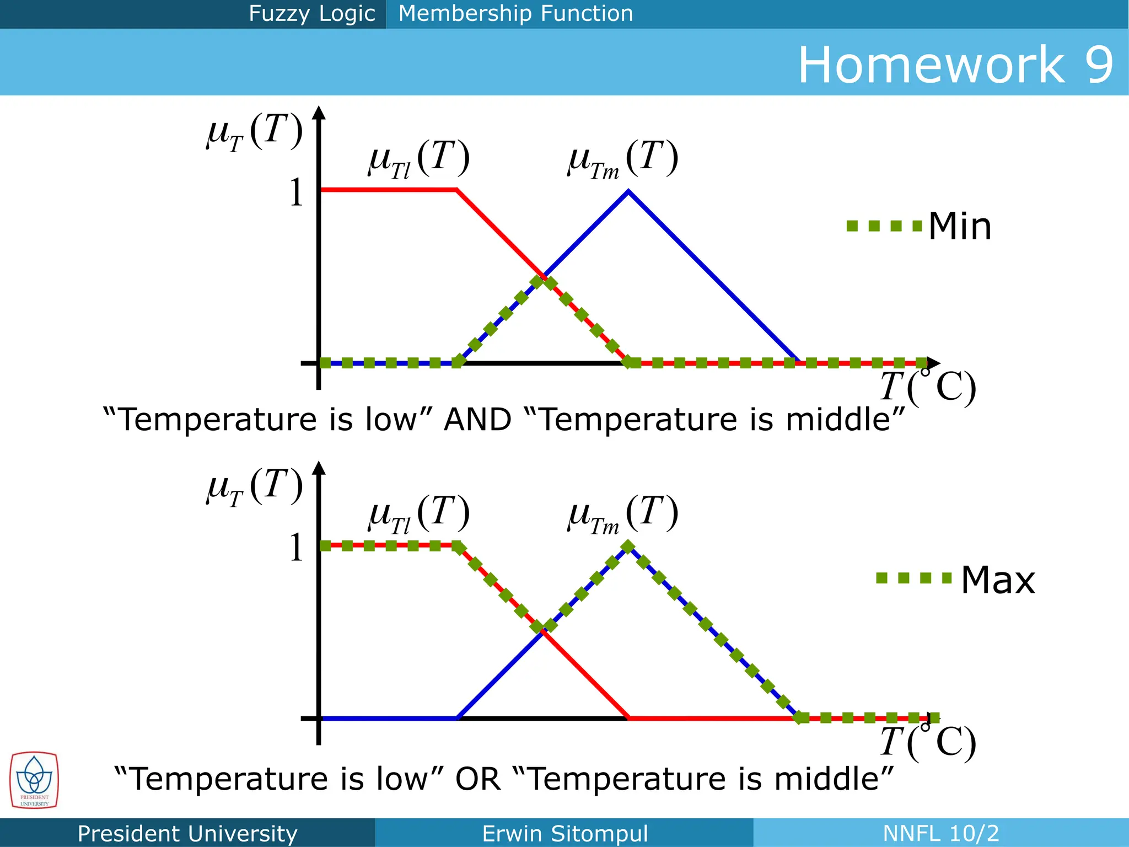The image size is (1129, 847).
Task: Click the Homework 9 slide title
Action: pyautogui.click(x=955, y=65)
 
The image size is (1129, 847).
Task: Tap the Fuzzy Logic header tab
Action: pyautogui.click(x=311, y=13)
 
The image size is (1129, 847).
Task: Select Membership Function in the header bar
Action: pyautogui.click(x=515, y=13)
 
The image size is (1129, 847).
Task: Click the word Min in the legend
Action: pyautogui.click(x=960, y=226)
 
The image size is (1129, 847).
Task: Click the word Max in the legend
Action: pyautogui.click(x=998, y=580)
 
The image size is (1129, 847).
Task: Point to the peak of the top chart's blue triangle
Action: pyautogui.click(x=628, y=192)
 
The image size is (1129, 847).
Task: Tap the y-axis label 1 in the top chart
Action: pyautogui.click(x=296, y=193)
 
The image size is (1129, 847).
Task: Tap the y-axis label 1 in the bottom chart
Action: pyautogui.click(x=296, y=548)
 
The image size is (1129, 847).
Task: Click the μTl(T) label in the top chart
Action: pyautogui.click(x=419, y=159)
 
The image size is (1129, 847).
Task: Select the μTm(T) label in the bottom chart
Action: pyautogui.click(x=623, y=514)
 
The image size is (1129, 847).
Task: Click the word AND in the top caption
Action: pyautogui.click(x=477, y=419)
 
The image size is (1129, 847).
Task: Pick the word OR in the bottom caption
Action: pyautogui.click(x=477, y=779)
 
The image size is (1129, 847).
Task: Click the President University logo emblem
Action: pyautogui.click(x=34, y=780)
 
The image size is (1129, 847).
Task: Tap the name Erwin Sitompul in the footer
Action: pyautogui.click(x=564, y=833)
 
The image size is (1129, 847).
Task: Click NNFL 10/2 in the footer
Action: pyautogui.click(x=940, y=833)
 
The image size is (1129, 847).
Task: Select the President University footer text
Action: pyautogui.click(x=187, y=833)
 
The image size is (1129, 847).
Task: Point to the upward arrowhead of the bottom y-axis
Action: pyautogui.click(x=319, y=468)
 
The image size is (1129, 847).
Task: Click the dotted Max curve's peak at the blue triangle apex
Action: pyautogui.click(x=628, y=546)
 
